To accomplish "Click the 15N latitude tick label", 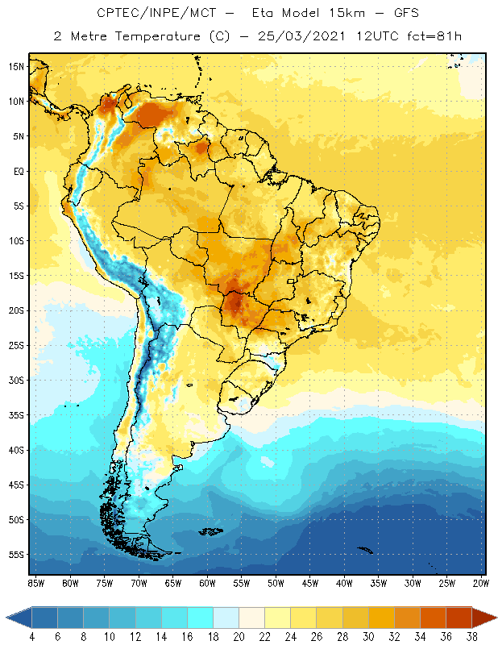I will point(15,66).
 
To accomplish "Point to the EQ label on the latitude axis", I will point(18,171).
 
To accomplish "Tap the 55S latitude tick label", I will point(16,555).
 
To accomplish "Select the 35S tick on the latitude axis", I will point(16,415).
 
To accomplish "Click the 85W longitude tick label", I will point(35,583).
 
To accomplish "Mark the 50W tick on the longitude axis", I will point(276,583).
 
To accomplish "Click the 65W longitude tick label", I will point(173,583).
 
